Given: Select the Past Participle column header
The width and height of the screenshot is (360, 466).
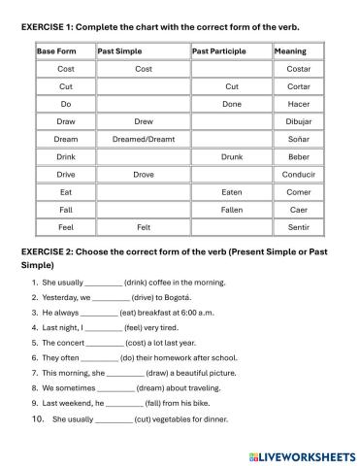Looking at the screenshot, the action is click(215, 51).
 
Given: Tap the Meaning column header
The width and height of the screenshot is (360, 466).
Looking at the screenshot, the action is click(290, 51).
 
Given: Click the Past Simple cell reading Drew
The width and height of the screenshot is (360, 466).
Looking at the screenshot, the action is click(143, 121).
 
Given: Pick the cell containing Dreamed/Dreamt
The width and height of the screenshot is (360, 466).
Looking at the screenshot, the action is click(143, 139).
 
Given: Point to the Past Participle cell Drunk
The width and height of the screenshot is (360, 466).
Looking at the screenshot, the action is click(231, 157).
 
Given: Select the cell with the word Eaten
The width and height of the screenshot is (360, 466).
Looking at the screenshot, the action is click(231, 192).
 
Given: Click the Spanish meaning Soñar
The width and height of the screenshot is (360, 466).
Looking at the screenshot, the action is click(298, 139).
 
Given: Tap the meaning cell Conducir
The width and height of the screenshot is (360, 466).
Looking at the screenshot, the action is click(298, 175).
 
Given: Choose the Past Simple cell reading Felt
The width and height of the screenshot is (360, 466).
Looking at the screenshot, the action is click(143, 227).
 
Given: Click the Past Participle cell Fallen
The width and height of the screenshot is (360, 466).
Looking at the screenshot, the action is click(231, 210).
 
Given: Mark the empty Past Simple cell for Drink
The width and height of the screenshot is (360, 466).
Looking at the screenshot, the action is click(143, 157).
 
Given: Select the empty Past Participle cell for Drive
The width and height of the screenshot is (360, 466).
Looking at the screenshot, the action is click(231, 175).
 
